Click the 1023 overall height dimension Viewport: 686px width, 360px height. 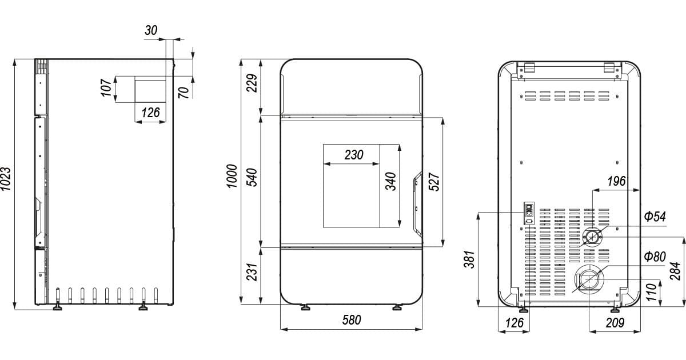(6, 179)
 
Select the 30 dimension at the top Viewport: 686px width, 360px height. (151, 30)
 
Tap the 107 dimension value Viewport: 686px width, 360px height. (106, 87)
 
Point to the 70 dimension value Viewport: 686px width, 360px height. (184, 93)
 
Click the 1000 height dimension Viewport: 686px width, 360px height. (232, 176)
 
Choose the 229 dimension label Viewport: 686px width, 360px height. (252, 83)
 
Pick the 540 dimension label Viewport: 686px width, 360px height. (252, 177)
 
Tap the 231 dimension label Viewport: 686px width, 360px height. (252, 272)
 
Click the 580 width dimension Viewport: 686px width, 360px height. (352, 320)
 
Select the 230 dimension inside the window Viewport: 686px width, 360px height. (354, 155)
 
